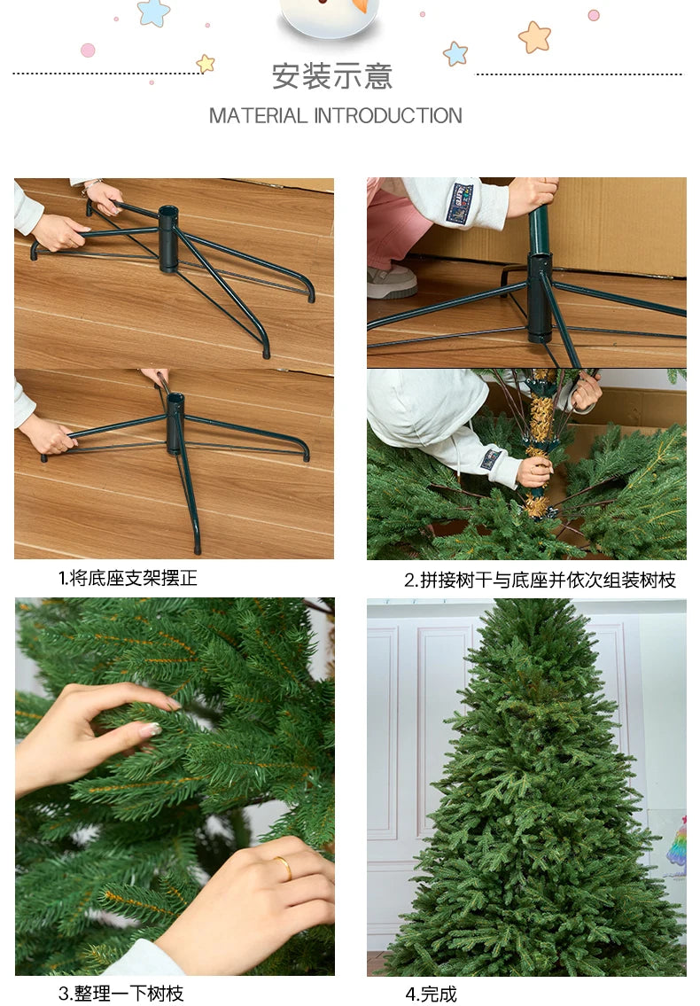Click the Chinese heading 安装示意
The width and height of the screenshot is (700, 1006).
(x=331, y=76)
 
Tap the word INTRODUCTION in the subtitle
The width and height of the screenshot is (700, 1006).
(x=388, y=116)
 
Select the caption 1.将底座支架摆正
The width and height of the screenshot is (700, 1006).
(x=128, y=579)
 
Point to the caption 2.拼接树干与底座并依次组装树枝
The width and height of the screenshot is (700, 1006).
(x=540, y=581)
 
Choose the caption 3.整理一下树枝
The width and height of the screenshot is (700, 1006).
(x=121, y=993)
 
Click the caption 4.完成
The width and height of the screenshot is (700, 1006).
(x=431, y=994)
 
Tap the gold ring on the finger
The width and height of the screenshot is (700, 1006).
(x=283, y=867)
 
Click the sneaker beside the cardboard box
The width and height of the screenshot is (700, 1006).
(x=392, y=281)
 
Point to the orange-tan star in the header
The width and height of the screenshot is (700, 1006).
(x=534, y=37)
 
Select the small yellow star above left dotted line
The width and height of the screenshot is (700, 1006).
(x=206, y=63)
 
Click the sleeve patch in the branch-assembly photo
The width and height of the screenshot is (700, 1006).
(x=490, y=459)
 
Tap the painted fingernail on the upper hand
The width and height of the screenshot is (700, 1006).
(x=150, y=729)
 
